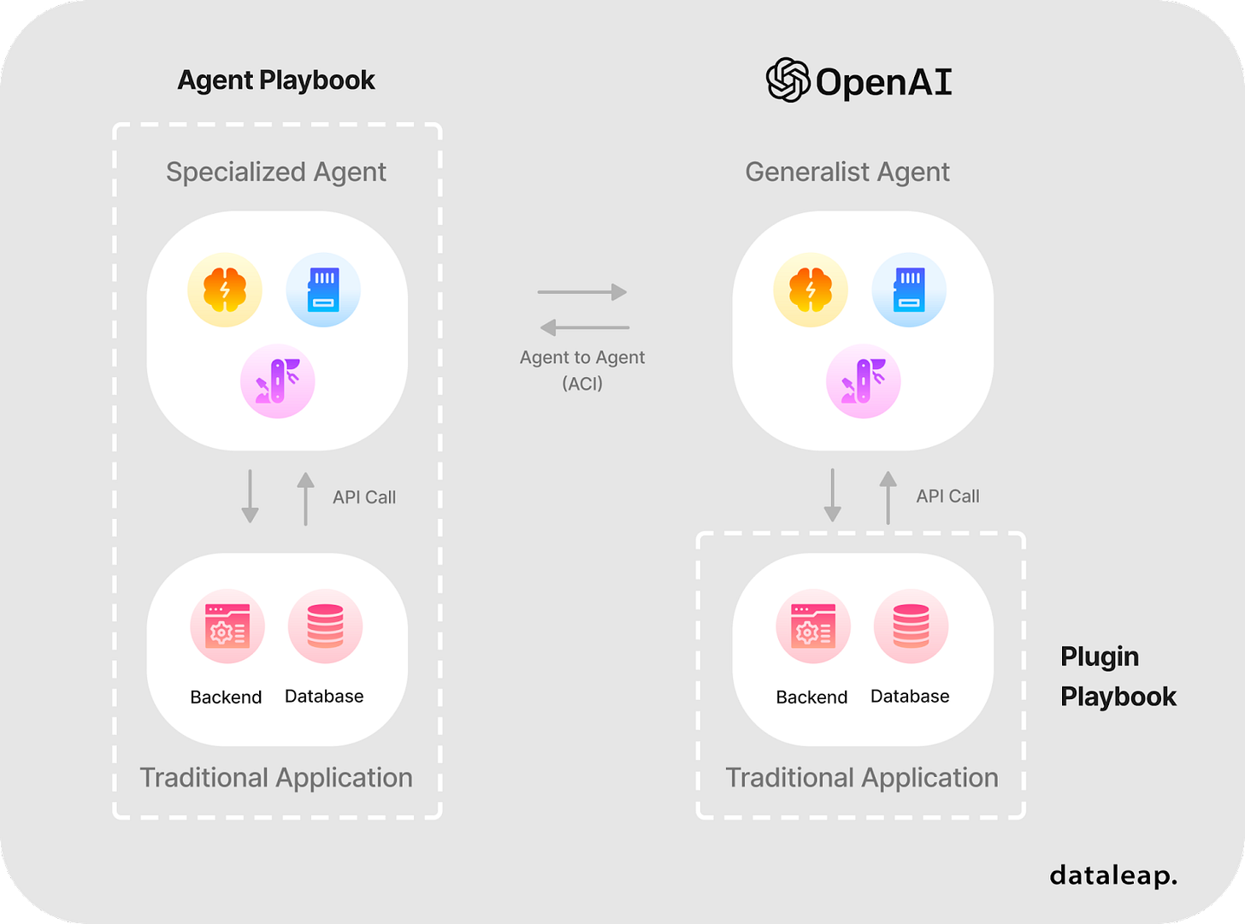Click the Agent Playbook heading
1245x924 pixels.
[276, 80]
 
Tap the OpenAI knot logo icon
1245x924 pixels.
[788, 80]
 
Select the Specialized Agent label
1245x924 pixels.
[276, 172]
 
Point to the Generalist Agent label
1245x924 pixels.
[847, 172]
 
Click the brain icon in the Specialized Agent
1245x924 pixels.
[225, 291]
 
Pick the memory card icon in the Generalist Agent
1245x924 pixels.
[909, 291]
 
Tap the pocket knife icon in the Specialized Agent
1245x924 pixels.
[278, 381]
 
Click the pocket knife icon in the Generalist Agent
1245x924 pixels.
[864, 381]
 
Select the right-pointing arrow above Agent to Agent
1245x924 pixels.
[582, 292]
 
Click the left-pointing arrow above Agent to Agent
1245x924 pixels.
[585, 327]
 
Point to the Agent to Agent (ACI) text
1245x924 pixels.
[582, 370]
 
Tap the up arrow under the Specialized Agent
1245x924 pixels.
[305, 497]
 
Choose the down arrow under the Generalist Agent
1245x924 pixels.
[832, 496]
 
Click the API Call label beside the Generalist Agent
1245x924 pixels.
[947, 496]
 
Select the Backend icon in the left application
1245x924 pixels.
[227, 627]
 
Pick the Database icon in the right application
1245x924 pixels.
[911, 627]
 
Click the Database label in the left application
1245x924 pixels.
[324, 697]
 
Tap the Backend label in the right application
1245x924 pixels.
[811, 697]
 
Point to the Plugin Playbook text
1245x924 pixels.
[1118, 676]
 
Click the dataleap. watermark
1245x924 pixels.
[1113, 875]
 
